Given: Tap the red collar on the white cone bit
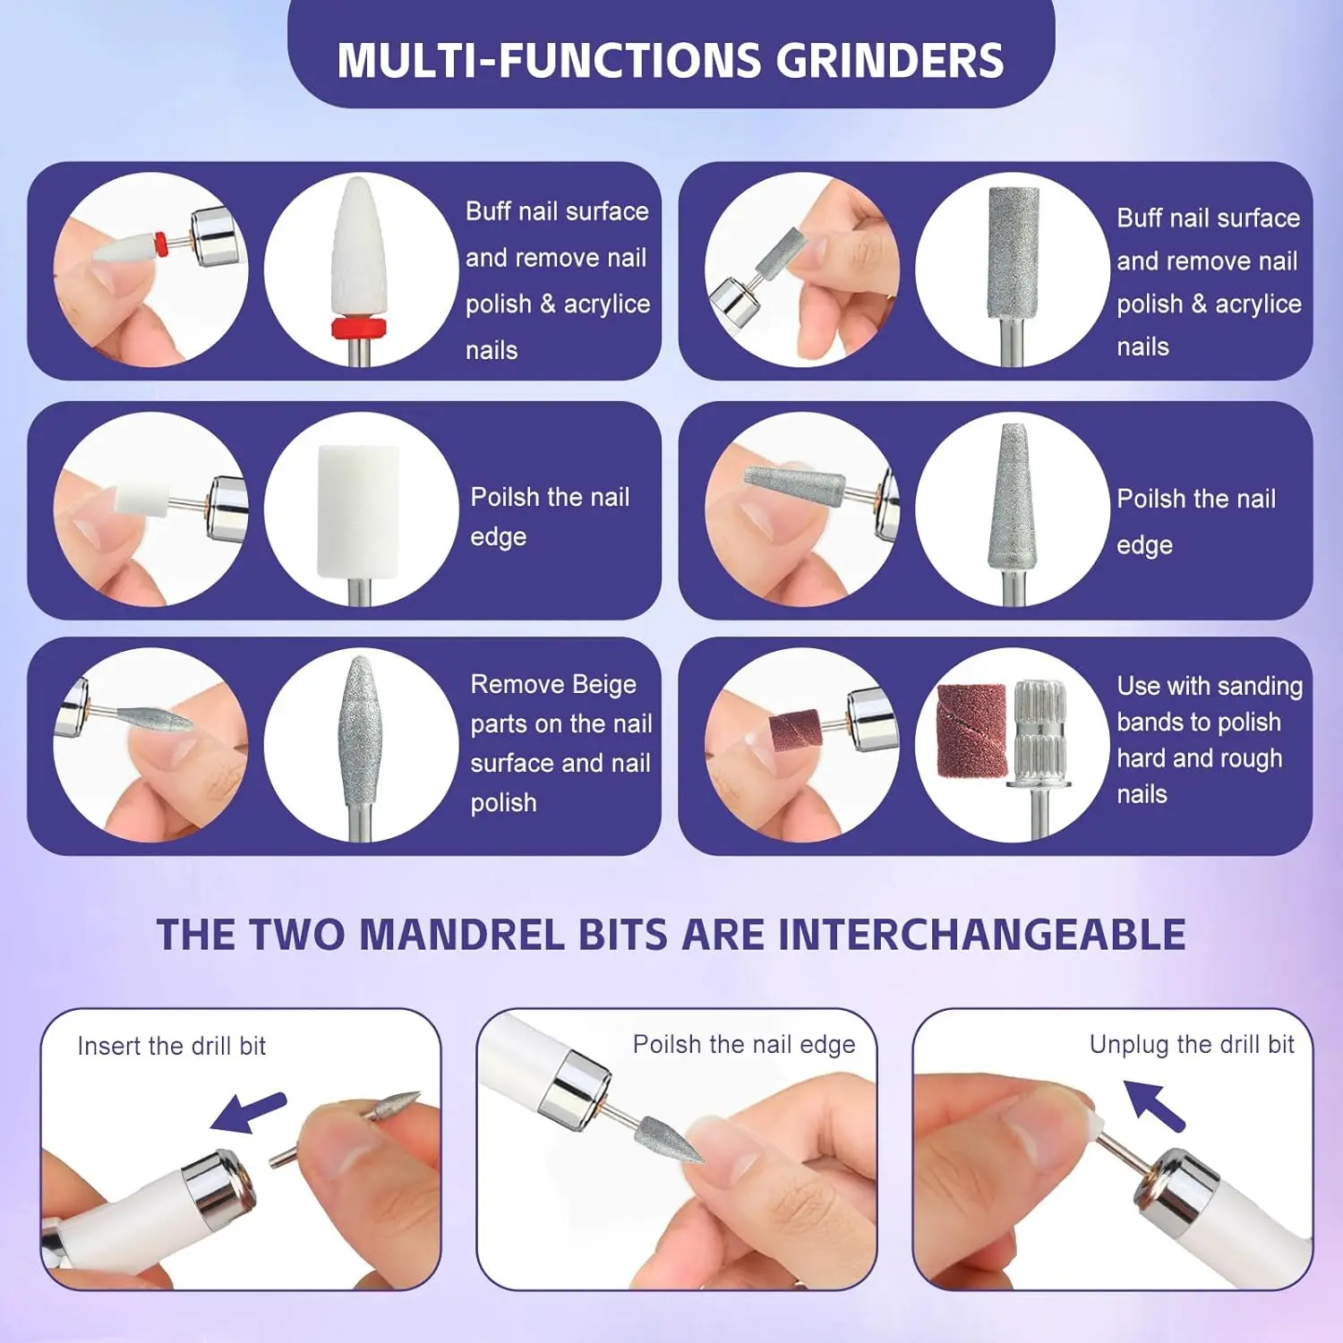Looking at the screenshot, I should (358, 327).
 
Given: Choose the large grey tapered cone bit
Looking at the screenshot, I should (1012, 497).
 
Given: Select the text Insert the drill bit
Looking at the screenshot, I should (172, 1046).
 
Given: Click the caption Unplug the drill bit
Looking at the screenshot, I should (1191, 1044).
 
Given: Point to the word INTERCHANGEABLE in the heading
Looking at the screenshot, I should (981, 935).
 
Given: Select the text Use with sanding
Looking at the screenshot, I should (1209, 686).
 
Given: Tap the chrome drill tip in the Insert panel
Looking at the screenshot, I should (218, 1186).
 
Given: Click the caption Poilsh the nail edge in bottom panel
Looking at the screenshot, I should (743, 1044).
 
